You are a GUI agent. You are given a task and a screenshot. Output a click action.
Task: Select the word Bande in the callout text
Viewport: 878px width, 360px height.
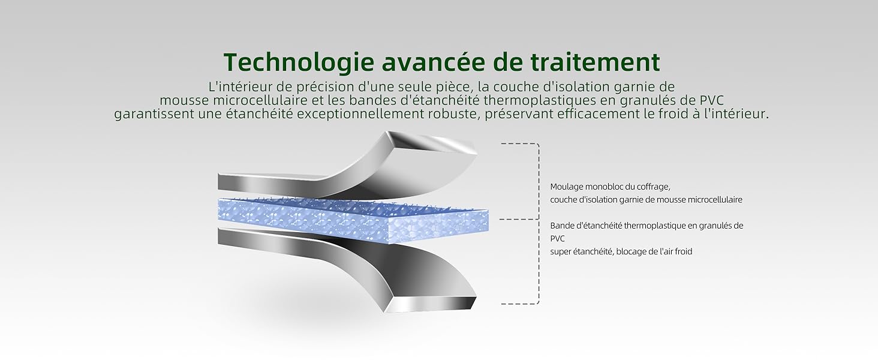pos(562,226)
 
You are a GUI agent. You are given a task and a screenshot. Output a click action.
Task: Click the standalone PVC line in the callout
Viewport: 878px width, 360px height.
pos(557,238)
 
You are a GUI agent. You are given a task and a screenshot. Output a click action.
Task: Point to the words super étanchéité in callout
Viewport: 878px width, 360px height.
pos(581,251)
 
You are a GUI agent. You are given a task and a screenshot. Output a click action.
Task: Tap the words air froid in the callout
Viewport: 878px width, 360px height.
pos(675,251)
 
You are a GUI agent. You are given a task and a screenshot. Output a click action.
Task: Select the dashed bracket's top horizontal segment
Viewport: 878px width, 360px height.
pos(519,144)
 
